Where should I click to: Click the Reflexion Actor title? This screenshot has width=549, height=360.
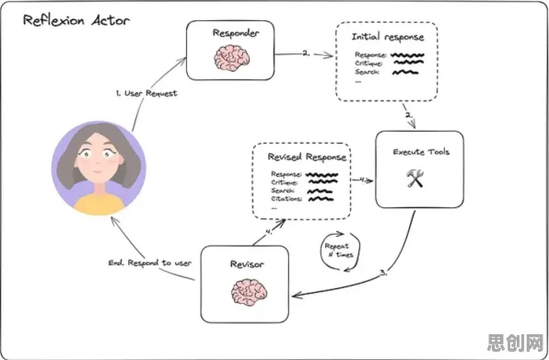click(x=76, y=20)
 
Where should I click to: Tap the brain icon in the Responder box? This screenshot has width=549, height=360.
click(x=232, y=58)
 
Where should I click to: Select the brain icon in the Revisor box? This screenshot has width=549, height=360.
click(x=249, y=292)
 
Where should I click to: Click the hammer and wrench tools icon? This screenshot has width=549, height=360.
click(x=415, y=178)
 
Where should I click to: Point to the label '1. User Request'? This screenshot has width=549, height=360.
click(x=146, y=93)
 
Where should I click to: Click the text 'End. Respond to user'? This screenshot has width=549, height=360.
click(x=150, y=262)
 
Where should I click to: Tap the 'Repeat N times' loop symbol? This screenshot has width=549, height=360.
click(x=340, y=251)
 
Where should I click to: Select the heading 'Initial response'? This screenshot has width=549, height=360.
click(x=388, y=37)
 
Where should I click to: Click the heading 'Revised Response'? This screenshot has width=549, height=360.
click(x=307, y=157)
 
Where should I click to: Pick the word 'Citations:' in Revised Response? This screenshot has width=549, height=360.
click(x=286, y=199)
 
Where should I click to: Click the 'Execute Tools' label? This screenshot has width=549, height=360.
click(x=421, y=152)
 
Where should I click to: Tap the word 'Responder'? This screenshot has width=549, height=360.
click(x=236, y=33)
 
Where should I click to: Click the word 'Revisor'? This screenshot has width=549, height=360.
click(x=247, y=264)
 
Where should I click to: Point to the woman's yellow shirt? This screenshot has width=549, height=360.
click(x=99, y=204)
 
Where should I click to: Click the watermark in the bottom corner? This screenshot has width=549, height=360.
click(x=515, y=343)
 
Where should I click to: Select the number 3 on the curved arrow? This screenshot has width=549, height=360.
click(x=383, y=273)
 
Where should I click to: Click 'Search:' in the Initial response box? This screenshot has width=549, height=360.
click(x=367, y=72)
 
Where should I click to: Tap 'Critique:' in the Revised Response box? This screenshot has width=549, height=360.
click(x=285, y=182)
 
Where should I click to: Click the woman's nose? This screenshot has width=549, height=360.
click(x=99, y=163)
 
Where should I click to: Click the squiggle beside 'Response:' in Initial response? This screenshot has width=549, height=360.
click(x=407, y=55)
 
